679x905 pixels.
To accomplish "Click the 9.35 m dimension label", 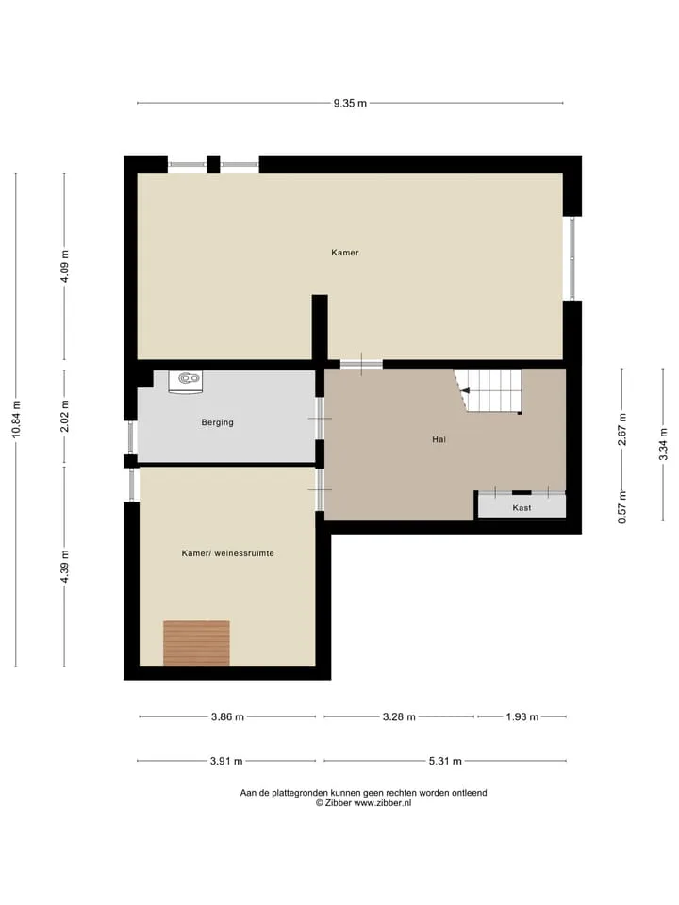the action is (350, 104).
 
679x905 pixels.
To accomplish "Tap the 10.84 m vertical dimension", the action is (16, 419).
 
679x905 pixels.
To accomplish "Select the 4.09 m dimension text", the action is (65, 266).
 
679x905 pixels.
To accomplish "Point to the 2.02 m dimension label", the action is (65, 416).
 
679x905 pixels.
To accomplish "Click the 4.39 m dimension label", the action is (65, 567).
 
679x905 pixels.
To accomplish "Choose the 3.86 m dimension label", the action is (227, 716).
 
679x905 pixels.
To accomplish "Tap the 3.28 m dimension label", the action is (399, 716).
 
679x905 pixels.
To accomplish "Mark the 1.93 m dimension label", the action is (522, 716).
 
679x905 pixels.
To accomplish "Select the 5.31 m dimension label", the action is (445, 761).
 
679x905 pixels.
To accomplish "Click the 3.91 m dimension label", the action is (226, 761).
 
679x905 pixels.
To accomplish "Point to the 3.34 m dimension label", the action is (663, 444).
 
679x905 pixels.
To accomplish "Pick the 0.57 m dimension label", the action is (622, 507).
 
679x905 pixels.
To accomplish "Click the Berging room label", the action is (218, 422).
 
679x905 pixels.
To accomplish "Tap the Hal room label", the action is (439, 440).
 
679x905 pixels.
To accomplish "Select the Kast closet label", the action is (522, 508).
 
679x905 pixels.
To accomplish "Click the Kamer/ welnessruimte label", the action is (228, 553).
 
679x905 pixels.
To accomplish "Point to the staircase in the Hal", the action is (488, 390).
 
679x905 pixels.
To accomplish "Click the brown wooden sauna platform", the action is (196, 643).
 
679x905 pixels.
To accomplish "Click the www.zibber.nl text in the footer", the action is (382, 803).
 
